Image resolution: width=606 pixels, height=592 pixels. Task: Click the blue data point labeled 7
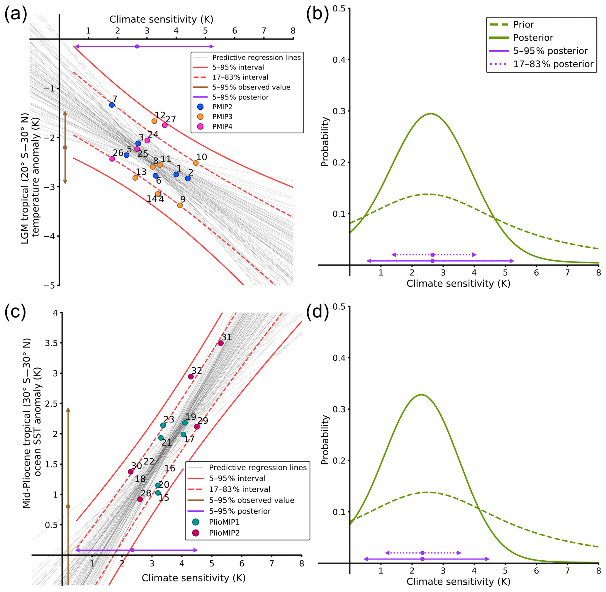112,105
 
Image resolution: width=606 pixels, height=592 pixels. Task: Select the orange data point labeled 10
196,163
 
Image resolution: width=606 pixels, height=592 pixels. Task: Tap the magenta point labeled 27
165,125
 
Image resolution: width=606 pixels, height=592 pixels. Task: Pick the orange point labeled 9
180,205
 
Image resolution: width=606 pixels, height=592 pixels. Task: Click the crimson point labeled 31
221,343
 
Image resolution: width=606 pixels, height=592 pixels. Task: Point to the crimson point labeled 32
191,376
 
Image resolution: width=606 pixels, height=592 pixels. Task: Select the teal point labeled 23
163,425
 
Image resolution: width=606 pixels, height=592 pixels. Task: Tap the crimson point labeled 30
130,472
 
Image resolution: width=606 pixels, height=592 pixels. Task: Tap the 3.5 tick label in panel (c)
51,343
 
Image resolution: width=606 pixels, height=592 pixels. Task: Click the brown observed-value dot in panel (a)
65,147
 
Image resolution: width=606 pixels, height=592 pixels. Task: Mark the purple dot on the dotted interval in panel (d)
422,553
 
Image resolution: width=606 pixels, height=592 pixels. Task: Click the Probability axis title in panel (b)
325,141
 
